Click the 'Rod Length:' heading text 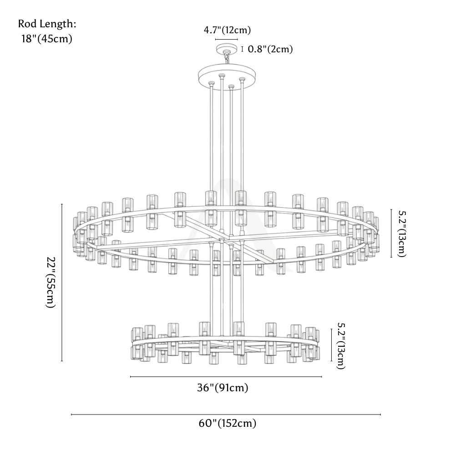(47, 24)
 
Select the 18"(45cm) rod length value (47, 39)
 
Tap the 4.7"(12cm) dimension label (227, 30)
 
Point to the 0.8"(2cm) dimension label (270, 49)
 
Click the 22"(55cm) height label (51, 283)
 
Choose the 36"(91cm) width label (222, 387)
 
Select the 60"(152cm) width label (227, 423)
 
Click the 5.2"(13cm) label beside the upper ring (402, 234)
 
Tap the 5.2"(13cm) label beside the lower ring (341, 346)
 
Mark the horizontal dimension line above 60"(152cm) (226, 415)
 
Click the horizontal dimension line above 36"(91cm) (226, 377)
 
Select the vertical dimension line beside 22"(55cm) (62, 283)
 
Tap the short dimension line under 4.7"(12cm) (226, 39)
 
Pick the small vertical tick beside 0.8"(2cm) (243, 49)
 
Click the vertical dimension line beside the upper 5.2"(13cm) (391, 233)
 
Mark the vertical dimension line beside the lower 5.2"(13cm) (331, 345)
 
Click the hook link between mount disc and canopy (227, 59)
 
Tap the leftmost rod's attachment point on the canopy (212, 83)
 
